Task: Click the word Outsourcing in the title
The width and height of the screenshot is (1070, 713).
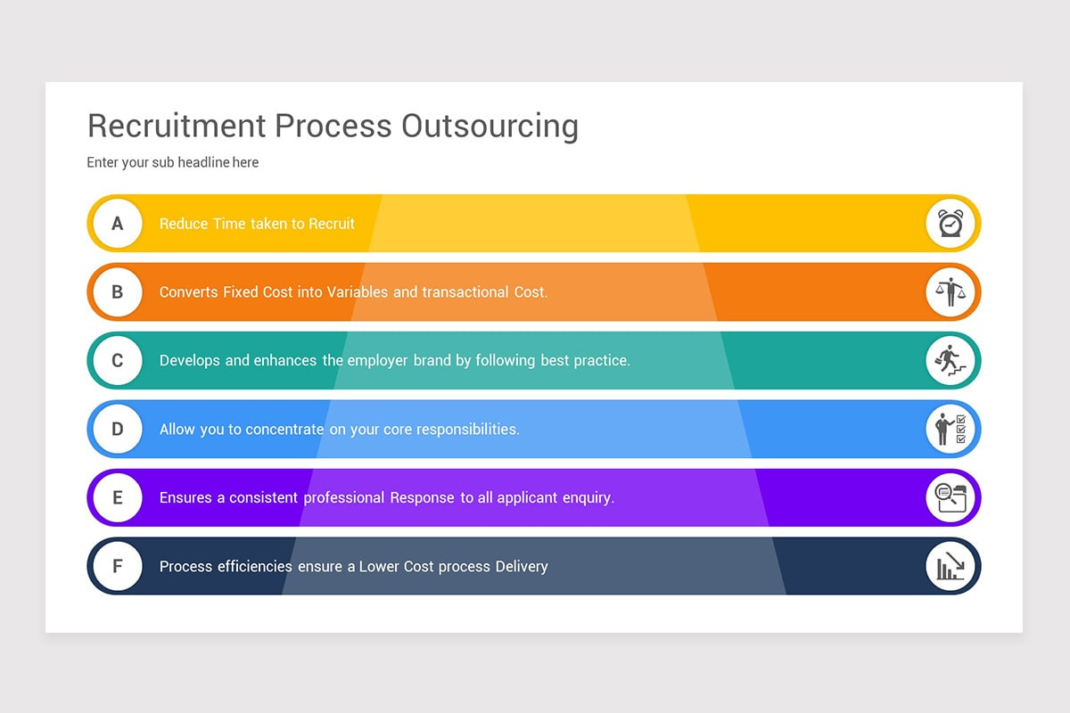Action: (x=490, y=127)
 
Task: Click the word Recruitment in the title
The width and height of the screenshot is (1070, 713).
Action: (x=177, y=126)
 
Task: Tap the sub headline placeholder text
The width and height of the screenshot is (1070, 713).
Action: (x=173, y=162)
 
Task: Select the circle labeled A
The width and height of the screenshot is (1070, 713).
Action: (x=118, y=224)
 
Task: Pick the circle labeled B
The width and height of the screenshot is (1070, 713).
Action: (x=118, y=292)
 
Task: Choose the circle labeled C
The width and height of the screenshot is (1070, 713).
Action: (x=118, y=361)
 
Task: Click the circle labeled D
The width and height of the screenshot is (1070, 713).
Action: (x=118, y=430)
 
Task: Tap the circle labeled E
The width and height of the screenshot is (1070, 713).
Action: (x=118, y=497)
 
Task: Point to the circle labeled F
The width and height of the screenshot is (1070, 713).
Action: (x=118, y=566)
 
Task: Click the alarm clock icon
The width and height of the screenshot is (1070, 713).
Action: (x=951, y=224)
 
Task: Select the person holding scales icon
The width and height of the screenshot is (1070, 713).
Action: (x=951, y=292)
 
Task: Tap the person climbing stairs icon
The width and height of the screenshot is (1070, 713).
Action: (x=951, y=361)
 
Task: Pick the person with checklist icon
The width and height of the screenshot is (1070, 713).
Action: (x=951, y=430)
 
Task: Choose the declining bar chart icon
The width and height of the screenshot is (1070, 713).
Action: (x=951, y=566)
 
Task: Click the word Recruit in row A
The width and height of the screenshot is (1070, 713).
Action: (x=332, y=224)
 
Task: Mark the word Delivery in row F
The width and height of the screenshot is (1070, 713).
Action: (x=522, y=566)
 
